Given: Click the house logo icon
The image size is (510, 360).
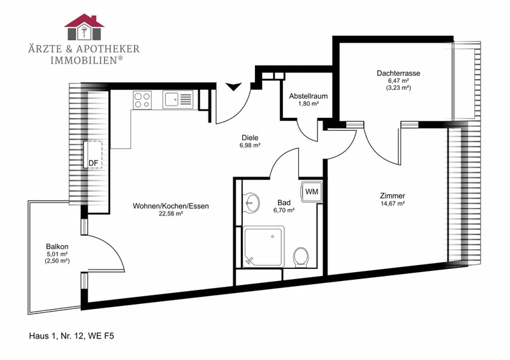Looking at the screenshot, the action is pos(84,27).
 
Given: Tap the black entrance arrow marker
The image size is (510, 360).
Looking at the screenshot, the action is pos(233,87).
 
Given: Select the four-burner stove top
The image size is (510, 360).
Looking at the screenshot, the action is pos(142,100).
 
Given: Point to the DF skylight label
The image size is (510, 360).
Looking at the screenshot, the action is pos(93,163).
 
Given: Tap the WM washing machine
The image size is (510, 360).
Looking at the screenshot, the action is pos(312,192).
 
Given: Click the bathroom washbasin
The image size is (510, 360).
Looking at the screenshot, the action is pos(251,203).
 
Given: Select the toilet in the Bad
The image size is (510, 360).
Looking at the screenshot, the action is pos(301,257).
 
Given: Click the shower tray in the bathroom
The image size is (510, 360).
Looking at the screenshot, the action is pos(264,247).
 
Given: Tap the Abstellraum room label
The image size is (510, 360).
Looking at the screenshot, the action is pos(309,96).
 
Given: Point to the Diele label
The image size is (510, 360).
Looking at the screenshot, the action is pos(250,138).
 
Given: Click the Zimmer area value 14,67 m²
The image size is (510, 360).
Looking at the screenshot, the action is pos(393,204).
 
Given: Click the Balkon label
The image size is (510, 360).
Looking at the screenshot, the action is pos(57,247).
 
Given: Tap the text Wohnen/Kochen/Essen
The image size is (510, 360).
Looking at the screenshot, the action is pos(171,206).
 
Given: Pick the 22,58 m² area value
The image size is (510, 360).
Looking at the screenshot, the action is pos(171,213).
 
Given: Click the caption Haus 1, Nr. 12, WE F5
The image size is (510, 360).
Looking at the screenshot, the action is pos(71,336).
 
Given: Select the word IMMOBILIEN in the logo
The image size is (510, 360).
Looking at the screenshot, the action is pos(84,60).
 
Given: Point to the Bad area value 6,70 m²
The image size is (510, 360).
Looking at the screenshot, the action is pos(284,210).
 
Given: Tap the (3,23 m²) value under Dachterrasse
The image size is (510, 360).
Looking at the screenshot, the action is pos(398,88).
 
